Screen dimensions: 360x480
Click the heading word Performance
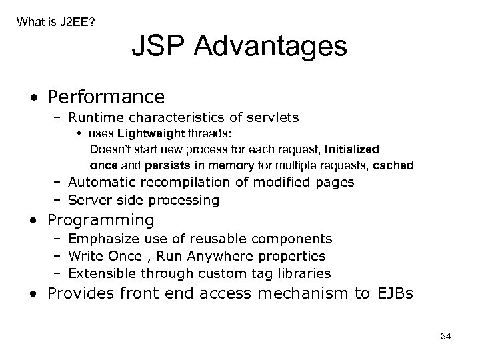[106, 97]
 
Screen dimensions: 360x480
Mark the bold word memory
[232, 165]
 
